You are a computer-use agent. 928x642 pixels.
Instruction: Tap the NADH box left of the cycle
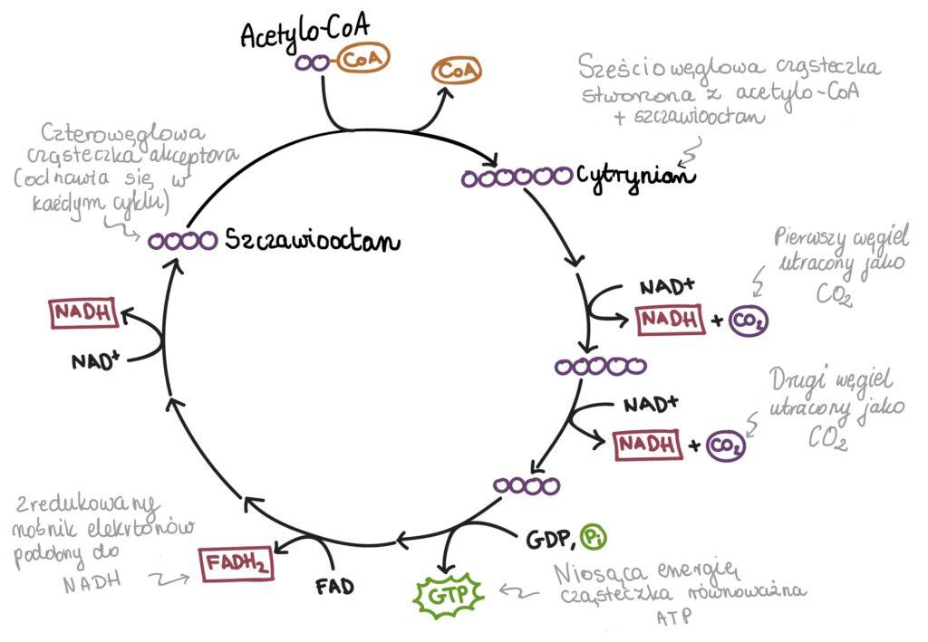point(84,314)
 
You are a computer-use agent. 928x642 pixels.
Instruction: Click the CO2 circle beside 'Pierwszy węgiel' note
point(747,321)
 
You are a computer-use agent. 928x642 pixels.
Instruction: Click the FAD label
point(334,585)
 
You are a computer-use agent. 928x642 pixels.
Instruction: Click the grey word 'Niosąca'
point(594,572)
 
